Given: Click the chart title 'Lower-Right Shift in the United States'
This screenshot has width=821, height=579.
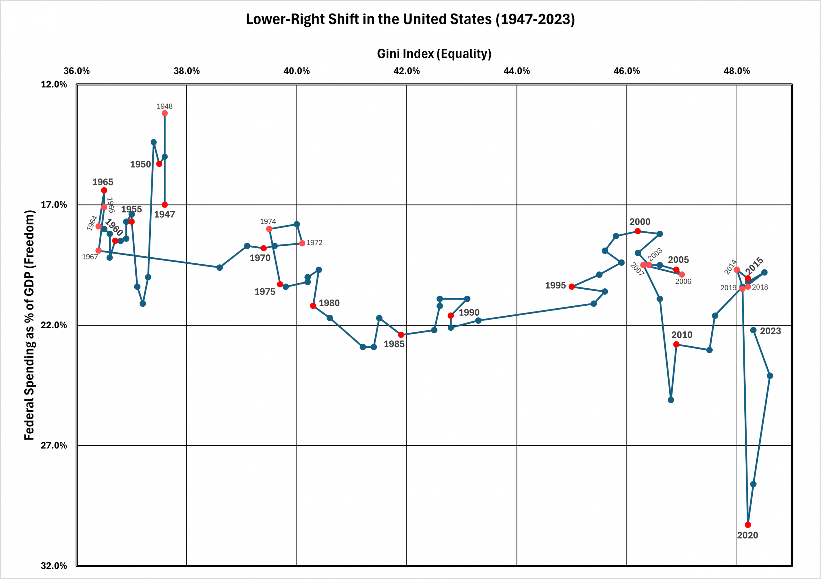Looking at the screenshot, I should tap(410, 19).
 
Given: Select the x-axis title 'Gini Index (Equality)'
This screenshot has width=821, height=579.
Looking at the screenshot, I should tap(434, 54).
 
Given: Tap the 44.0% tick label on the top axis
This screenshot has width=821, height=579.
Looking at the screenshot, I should tap(516, 71).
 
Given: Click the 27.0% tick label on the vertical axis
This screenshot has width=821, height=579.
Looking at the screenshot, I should tap(54, 445).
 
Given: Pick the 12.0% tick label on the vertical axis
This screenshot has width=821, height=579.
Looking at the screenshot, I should tap(54, 84).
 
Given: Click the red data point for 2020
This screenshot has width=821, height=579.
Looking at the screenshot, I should tap(748, 525).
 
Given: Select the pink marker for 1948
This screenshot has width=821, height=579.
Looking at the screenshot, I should tap(165, 113).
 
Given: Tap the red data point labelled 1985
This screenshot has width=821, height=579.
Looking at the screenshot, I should tap(401, 335).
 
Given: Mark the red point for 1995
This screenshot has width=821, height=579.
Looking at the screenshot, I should tap(572, 286).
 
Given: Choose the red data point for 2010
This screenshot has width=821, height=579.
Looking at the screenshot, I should tap(676, 345).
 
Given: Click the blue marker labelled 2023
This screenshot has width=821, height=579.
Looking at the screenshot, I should tap(753, 330).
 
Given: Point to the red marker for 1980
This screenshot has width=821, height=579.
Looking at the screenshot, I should tap(313, 306).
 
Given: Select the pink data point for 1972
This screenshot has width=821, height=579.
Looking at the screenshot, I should tap(302, 243).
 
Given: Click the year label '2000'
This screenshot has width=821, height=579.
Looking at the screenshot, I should tap(640, 222).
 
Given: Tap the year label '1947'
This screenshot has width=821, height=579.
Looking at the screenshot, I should tap(165, 214).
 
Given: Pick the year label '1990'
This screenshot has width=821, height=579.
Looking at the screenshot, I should tap(469, 312).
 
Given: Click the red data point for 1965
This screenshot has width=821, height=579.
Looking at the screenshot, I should tap(104, 190).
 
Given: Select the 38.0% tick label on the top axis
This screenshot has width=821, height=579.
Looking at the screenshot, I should tap(187, 71).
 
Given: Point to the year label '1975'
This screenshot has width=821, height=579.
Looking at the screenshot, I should tap(265, 292).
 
